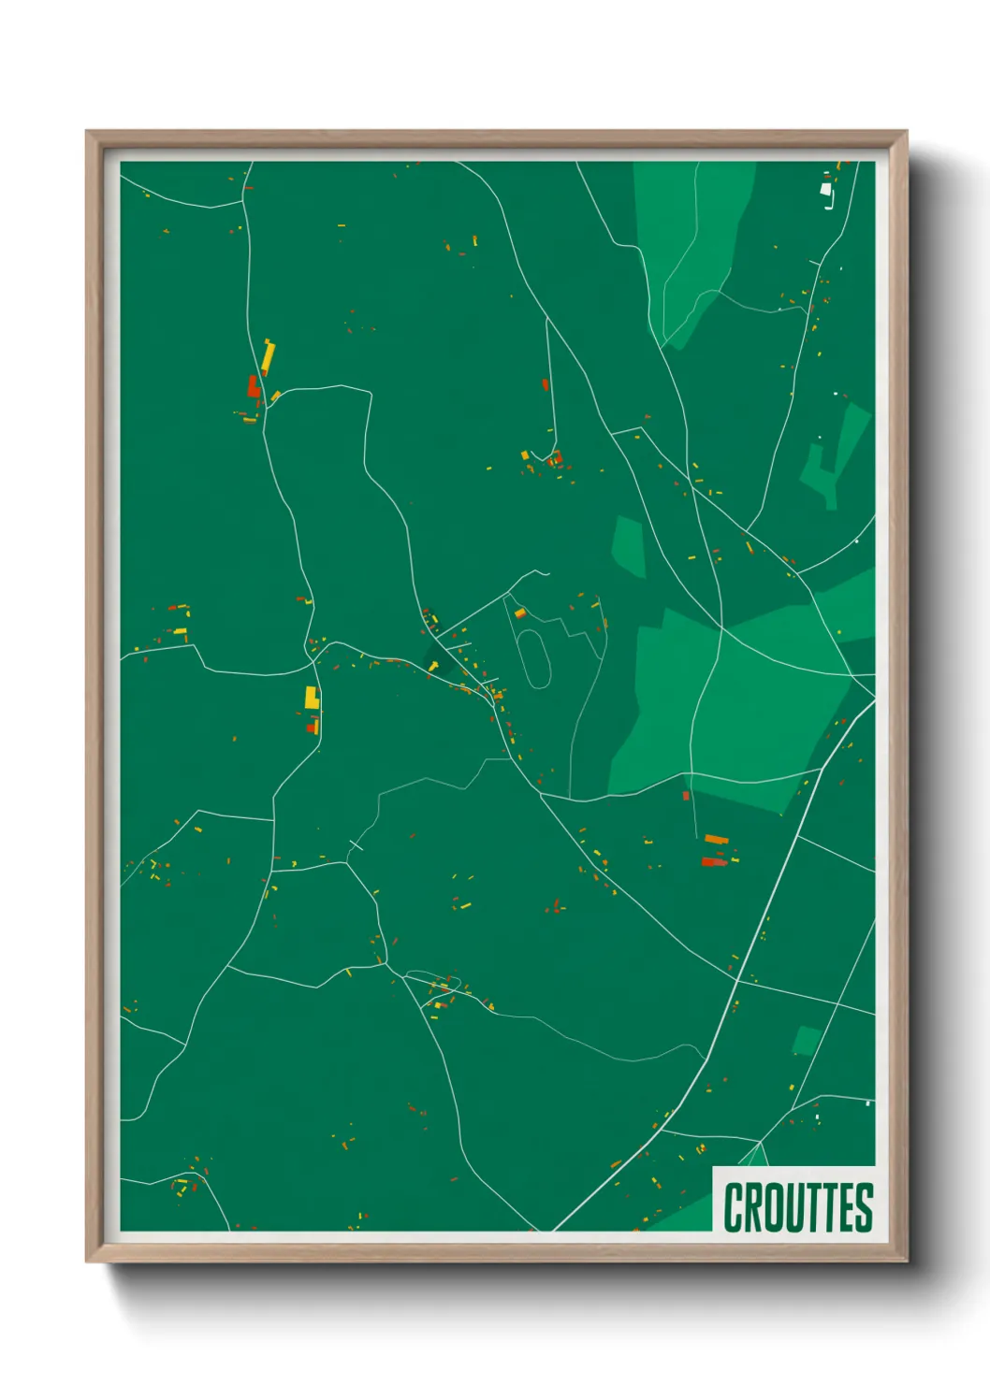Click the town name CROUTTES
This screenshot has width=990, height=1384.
coord(797,1207)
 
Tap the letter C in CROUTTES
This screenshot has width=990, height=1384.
coord(732,1207)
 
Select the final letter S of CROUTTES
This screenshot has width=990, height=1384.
coord(864,1207)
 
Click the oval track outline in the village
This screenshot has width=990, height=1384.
coord(534,659)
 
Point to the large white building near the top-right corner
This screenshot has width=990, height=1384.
coord(826,190)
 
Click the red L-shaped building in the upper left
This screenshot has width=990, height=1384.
coord(253,386)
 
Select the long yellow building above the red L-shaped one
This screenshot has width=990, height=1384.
coord(268,356)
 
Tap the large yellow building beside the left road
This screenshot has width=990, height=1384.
coord(312,698)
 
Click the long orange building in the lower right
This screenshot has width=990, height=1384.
coord(716,839)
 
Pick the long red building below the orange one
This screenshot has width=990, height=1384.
coord(714,862)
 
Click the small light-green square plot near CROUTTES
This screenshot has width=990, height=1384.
coord(806,1040)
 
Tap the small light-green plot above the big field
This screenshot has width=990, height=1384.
coord(628,546)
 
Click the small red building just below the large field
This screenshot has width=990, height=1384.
coord(686,796)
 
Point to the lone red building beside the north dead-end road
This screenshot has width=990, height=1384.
coord(545,384)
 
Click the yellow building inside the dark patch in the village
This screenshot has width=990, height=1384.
coord(433,665)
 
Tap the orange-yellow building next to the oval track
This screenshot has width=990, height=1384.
coord(520,613)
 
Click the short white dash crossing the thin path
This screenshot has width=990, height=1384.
coord(356,845)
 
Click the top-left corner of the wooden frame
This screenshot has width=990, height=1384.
coord(88,133)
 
